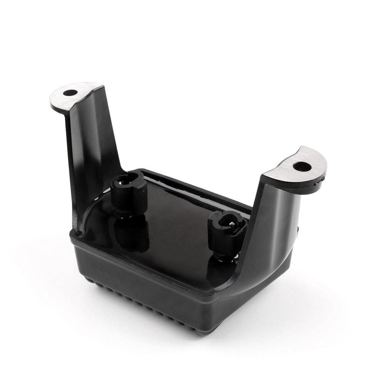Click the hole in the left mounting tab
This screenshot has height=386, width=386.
[70, 93]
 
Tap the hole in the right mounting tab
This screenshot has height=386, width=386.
[302, 166]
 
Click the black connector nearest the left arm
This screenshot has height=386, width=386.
[129, 192]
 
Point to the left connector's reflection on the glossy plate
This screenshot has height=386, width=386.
[132, 236]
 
